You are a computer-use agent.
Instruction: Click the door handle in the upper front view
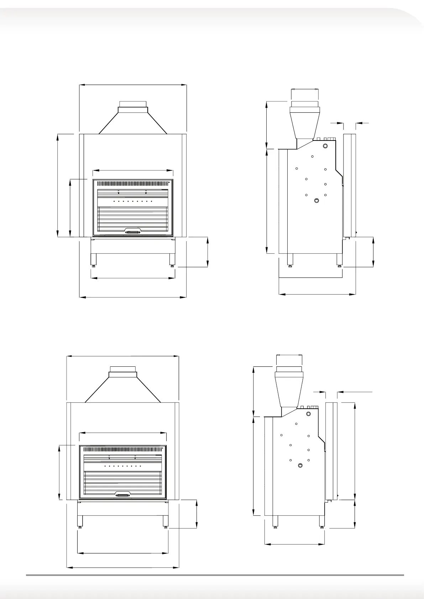click(x=133, y=232)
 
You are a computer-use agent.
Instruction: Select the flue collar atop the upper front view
click(x=132, y=107)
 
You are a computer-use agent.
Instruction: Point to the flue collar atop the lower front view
click(x=123, y=372)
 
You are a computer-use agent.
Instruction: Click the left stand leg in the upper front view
click(x=93, y=259)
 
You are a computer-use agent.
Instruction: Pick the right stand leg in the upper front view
click(x=172, y=259)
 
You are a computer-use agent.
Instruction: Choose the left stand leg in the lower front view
click(x=80, y=521)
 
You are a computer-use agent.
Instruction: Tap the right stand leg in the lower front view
click(x=166, y=521)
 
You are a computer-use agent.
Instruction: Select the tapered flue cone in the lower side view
click(x=289, y=389)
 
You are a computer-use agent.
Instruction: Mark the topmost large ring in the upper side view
click(x=325, y=146)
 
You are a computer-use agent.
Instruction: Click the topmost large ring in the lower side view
click(x=309, y=414)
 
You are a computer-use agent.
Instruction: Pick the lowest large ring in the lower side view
click(x=300, y=466)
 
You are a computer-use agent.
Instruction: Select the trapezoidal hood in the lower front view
click(x=123, y=390)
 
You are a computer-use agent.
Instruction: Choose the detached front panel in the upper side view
click(x=349, y=185)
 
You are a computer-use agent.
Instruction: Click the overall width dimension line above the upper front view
click(x=132, y=85)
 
